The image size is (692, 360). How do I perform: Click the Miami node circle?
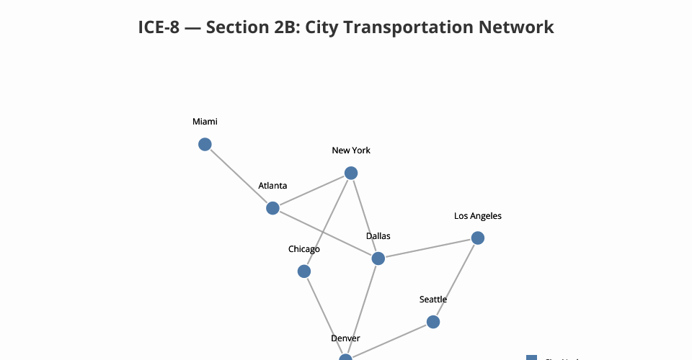[205, 145]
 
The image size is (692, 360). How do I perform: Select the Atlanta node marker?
[272, 208]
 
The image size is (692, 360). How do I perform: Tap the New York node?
[351, 173]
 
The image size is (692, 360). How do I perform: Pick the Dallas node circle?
[378, 258]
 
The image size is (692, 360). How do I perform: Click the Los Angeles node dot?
[477, 238]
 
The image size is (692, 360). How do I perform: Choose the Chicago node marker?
[304, 271]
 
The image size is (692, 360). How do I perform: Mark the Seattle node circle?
[433, 322]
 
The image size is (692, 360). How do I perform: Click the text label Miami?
[205, 122]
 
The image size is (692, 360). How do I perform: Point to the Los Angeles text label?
[477, 215]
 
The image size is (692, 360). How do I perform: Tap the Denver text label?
[345, 338]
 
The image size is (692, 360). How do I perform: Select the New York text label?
[351, 150]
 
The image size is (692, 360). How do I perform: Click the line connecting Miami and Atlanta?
[239, 176]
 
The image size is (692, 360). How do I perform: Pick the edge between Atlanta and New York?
[311, 191]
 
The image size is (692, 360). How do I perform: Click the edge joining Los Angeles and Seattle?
[456, 279]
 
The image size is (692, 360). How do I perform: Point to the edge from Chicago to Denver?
[324, 313]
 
